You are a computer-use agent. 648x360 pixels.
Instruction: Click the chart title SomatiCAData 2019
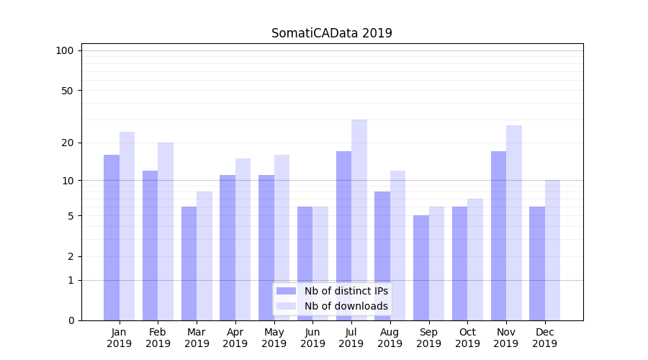pyautogui.click(x=331, y=33)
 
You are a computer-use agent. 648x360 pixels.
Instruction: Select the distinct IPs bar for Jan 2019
pyautogui.click(x=112, y=238)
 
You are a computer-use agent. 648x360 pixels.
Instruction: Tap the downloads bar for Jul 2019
pyautogui.click(x=359, y=220)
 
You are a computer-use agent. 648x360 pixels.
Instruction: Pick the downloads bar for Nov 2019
pyautogui.click(x=514, y=222)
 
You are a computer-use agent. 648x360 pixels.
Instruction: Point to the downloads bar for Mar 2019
pyautogui.click(x=204, y=256)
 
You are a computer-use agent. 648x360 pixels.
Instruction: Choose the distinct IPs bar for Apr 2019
pyautogui.click(x=228, y=248)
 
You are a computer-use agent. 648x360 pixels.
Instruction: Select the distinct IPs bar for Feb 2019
pyautogui.click(x=150, y=246)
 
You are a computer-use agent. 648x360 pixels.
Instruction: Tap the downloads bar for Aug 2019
pyautogui.click(x=398, y=246)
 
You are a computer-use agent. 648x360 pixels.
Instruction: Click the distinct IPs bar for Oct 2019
pyautogui.click(x=460, y=264)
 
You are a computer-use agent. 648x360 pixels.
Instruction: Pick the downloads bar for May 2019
pyautogui.click(x=282, y=238)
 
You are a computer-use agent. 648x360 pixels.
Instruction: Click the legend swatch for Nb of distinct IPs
pyautogui.click(x=286, y=291)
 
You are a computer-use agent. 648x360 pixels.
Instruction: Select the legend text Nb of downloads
pyautogui.click(x=346, y=306)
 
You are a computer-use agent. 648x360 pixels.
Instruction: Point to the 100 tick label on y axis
pyautogui.click(x=65, y=50)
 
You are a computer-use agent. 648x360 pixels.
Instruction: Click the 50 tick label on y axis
pyautogui.click(x=67, y=91)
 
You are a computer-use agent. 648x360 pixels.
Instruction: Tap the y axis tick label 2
pyautogui.click(x=71, y=256)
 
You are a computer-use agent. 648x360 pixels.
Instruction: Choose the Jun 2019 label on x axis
pyautogui.click(x=312, y=338)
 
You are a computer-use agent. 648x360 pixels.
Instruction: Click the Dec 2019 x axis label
pyautogui.click(x=545, y=338)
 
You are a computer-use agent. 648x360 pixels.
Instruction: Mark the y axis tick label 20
pyautogui.click(x=67, y=143)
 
